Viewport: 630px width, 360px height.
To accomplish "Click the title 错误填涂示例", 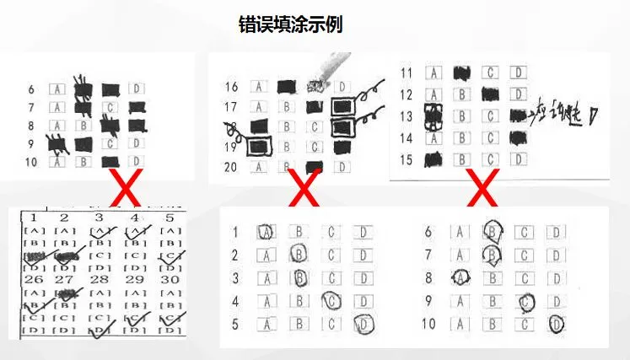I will click(x=291, y=25).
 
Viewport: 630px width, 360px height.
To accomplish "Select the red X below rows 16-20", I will click(x=304, y=191).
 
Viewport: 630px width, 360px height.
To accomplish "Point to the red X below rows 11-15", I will click(x=482, y=191).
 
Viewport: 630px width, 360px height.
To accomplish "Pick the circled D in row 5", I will click(x=363, y=323).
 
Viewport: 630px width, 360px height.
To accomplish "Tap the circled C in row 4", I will click(x=331, y=300).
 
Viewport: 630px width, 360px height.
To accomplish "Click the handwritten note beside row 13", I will click(x=563, y=116).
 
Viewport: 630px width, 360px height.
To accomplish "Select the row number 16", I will click(x=233, y=86).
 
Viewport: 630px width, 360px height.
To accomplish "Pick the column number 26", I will click(x=35, y=279).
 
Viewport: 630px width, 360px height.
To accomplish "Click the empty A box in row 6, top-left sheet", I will click(x=57, y=88).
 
